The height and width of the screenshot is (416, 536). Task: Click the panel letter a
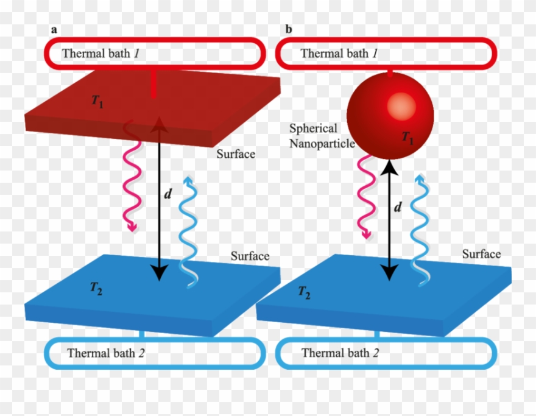54,29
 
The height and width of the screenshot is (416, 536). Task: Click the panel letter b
289,29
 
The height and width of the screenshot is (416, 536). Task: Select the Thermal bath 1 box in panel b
386,53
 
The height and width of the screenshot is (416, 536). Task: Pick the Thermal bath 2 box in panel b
386,353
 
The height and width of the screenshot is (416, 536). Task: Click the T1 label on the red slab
97,102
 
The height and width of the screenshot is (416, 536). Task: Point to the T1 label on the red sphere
407,138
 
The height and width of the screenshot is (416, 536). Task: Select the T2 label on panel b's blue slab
304,292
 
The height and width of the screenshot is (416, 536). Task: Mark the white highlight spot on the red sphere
398,107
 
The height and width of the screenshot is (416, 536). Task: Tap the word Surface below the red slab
236,154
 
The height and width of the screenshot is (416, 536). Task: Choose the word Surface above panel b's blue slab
481,254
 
